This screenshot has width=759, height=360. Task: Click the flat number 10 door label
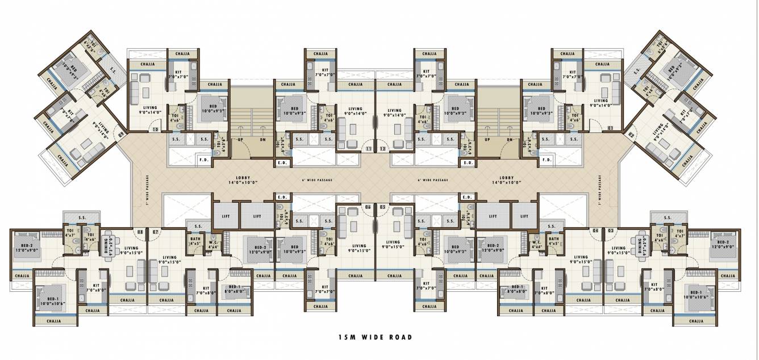pos(155,129)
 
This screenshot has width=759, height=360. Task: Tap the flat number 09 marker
pos(121,135)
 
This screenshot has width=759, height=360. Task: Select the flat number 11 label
pos(369,149)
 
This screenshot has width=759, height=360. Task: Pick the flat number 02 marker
pos(631,135)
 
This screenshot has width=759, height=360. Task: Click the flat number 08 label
pos(140,231)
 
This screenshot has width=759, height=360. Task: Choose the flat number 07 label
pos(154,231)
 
